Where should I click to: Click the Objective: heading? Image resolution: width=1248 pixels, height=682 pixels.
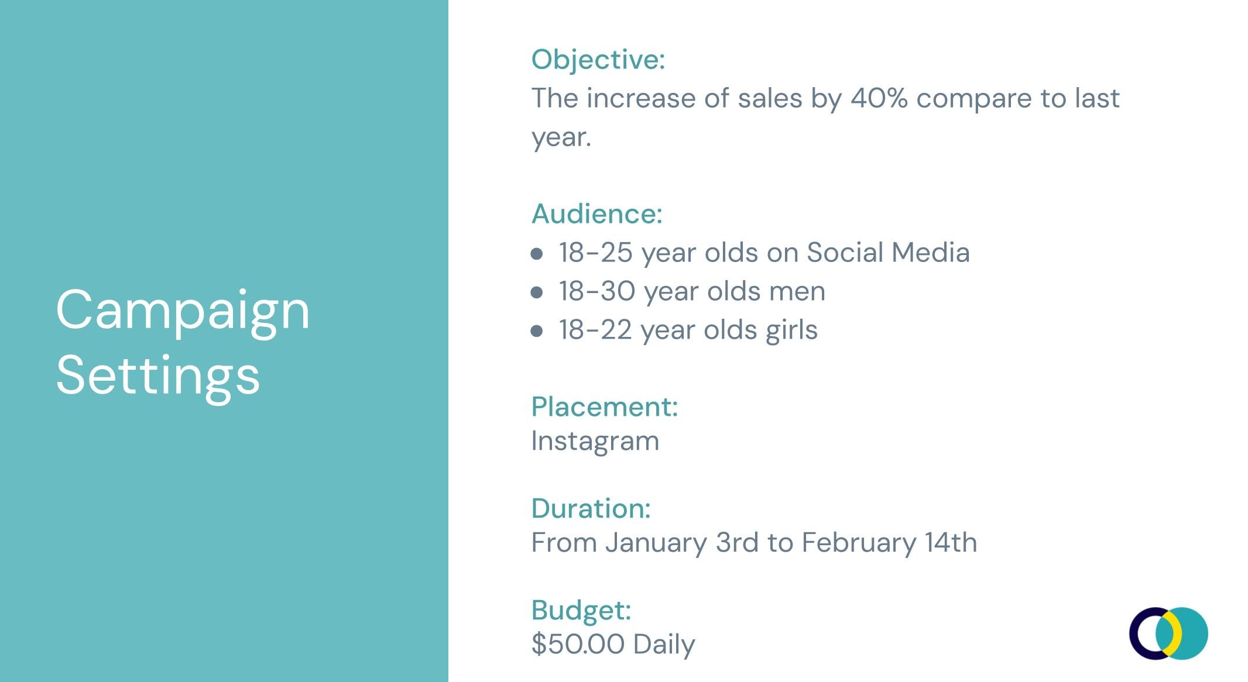click(598, 60)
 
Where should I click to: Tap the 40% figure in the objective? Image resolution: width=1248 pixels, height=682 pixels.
click(879, 98)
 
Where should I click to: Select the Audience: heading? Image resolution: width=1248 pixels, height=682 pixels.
click(596, 214)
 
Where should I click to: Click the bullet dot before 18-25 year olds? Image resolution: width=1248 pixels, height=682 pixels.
click(536, 254)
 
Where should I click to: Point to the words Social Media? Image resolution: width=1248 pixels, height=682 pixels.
click(888, 253)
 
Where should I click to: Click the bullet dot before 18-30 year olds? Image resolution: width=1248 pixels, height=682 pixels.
click(536, 292)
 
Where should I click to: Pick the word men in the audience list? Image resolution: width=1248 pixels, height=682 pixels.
click(797, 291)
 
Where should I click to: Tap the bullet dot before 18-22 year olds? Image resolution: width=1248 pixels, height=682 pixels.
click(536, 331)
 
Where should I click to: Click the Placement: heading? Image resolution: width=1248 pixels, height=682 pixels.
click(604, 407)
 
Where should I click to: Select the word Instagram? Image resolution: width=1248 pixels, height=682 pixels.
click(595, 441)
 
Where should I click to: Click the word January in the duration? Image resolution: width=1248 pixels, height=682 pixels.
click(656, 543)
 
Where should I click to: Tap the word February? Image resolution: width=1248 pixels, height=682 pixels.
click(858, 543)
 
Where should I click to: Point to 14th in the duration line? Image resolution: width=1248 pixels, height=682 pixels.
click(951, 543)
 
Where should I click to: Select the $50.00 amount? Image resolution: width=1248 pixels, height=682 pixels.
click(578, 644)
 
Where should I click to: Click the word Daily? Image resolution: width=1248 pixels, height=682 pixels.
click(664, 645)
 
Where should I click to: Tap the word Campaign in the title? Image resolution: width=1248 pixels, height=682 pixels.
click(183, 311)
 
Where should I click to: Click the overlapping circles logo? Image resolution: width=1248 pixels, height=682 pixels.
click(1168, 633)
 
